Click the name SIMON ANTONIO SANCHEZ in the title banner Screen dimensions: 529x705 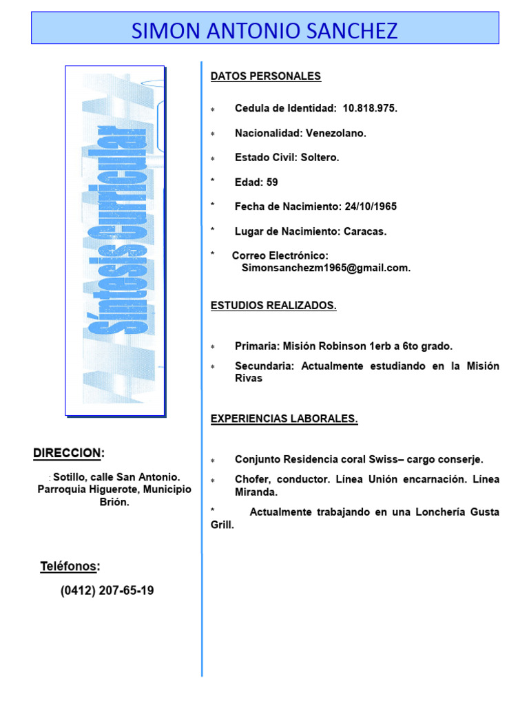[x=264, y=30]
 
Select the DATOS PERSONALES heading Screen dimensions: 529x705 [x=266, y=76]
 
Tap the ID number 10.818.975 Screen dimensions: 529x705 [x=370, y=109]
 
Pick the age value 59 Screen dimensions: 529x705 [x=272, y=182]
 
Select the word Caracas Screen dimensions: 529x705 [x=365, y=231]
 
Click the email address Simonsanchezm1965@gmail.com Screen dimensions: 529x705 [x=326, y=268]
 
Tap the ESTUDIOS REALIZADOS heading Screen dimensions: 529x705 [x=273, y=306]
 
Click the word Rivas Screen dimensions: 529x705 [x=249, y=379]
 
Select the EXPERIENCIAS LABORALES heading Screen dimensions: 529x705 [x=284, y=419]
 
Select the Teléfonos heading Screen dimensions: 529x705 [x=70, y=567]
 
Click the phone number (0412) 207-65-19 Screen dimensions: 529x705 [x=107, y=591]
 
